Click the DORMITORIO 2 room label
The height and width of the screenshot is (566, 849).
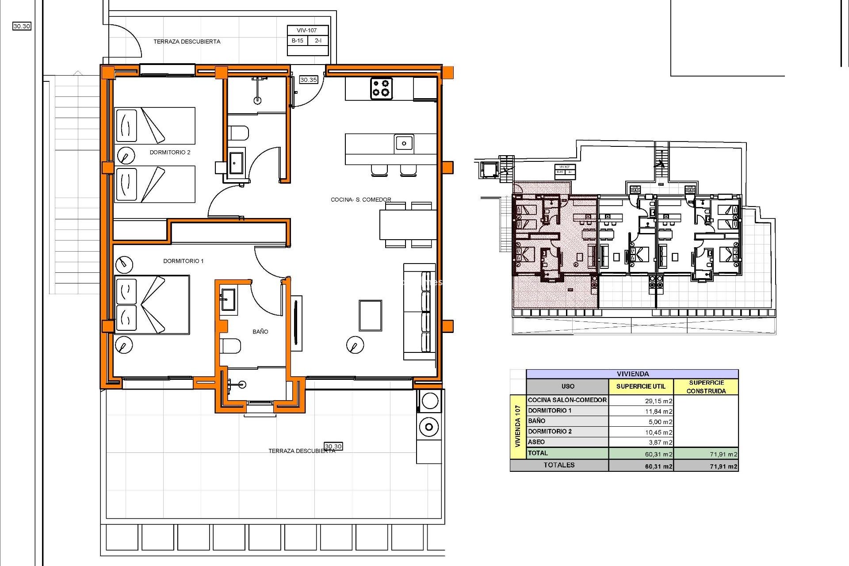(x=170, y=152)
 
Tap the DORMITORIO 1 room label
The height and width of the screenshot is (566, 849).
(x=183, y=261)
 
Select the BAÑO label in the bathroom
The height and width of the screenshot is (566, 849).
(x=260, y=331)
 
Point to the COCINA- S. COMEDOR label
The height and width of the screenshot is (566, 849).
(x=361, y=199)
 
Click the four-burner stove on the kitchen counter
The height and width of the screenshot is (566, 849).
(x=381, y=88)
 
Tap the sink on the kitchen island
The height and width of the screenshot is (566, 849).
(x=404, y=143)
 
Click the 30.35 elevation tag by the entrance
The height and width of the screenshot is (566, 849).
(x=308, y=80)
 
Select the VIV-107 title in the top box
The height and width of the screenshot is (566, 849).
(x=307, y=31)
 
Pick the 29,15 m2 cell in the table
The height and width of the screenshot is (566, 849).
(x=658, y=401)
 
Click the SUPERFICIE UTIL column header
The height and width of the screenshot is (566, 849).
(x=641, y=386)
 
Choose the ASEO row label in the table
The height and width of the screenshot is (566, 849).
(x=536, y=442)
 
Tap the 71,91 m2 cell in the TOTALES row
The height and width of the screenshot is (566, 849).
(x=723, y=466)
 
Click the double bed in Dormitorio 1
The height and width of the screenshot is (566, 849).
(x=152, y=305)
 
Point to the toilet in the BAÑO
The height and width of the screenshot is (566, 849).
(x=231, y=345)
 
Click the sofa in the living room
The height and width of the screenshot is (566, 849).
(x=420, y=312)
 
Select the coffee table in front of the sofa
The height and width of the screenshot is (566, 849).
(x=370, y=315)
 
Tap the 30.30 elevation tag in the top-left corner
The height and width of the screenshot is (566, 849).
(x=22, y=26)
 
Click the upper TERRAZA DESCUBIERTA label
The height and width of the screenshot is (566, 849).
(x=187, y=42)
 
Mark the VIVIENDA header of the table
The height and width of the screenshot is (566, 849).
(x=632, y=374)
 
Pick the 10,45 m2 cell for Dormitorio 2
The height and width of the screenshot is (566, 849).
(x=658, y=432)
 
